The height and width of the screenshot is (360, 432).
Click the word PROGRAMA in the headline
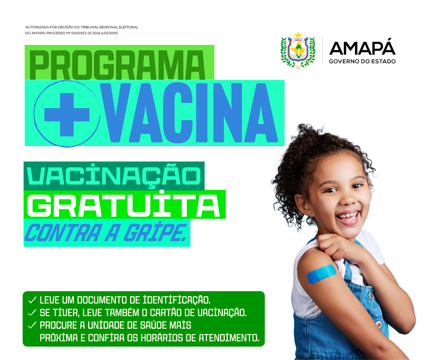point(117,65)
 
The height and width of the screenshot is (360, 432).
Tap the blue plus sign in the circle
point(67,115)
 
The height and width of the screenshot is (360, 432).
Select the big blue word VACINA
point(189,113)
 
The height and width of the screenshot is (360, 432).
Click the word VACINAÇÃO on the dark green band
point(114,176)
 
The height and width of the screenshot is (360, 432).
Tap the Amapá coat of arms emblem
point(298,51)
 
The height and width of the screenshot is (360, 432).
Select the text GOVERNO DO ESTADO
point(362,61)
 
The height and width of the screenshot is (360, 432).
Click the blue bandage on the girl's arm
point(321,274)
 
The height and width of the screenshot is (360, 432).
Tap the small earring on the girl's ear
point(311,213)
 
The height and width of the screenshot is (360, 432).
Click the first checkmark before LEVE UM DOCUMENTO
point(32,300)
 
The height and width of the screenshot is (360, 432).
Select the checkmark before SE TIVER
point(32,313)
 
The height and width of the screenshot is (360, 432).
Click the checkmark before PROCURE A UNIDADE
point(32,325)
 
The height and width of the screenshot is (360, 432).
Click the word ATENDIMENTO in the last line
point(229,338)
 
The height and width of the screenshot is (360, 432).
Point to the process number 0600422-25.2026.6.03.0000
point(95,33)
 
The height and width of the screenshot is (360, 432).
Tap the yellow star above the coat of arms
point(298,34)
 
